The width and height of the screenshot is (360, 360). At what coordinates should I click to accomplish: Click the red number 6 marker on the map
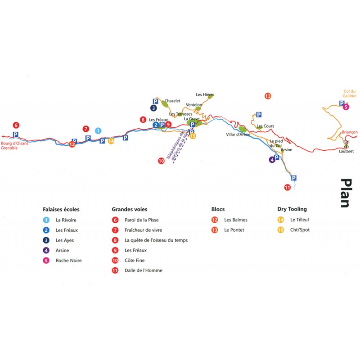16,126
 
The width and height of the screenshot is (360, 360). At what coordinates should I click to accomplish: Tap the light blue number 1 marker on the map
98,131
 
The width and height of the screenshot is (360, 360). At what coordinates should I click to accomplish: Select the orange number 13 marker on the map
268,96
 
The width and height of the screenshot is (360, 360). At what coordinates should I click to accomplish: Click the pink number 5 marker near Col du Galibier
346,107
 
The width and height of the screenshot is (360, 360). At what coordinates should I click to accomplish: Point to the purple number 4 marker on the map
272,160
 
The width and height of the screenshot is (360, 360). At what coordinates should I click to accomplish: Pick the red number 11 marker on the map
288,187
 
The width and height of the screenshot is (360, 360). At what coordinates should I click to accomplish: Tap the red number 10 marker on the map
161,161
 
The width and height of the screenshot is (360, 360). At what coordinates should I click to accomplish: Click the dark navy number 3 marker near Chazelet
153,108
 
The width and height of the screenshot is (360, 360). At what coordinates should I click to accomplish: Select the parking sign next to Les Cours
259,115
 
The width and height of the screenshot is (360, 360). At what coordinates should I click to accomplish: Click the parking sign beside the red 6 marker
15,134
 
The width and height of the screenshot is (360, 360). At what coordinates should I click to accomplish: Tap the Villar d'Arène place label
238,135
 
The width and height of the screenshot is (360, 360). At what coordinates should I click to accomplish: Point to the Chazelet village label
172,101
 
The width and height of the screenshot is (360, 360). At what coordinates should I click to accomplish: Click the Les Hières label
205,94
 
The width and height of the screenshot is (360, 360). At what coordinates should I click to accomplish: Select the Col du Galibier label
350,94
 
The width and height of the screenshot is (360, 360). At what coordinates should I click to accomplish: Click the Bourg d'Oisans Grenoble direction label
14,145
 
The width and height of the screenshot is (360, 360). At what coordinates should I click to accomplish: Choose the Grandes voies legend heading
130,209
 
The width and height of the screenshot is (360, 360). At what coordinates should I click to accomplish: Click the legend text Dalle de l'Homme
144,270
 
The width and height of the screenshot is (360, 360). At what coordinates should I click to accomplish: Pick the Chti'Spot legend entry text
300,230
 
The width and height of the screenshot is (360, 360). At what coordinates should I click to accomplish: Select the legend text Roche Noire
69,261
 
